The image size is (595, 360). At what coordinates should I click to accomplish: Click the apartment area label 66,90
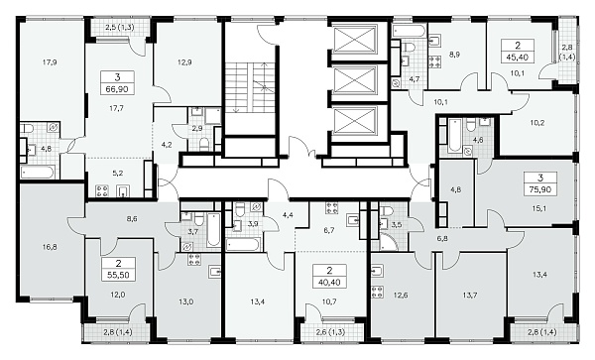[117, 89]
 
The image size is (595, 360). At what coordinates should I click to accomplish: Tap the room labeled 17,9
[50, 62]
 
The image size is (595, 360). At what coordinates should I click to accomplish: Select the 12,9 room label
[184, 62]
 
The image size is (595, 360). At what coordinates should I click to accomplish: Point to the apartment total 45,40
[518, 58]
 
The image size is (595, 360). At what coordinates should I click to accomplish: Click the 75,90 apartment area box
[540, 189]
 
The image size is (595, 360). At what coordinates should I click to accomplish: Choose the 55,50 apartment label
[118, 275]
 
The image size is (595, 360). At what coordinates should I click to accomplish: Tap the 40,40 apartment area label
[329, 283]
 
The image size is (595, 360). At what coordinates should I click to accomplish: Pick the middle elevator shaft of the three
[354, 80]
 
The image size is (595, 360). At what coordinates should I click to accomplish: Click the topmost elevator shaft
[354, 39]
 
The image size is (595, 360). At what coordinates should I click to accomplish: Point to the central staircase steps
[250, 87]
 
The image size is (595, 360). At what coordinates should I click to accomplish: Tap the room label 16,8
[50, 247]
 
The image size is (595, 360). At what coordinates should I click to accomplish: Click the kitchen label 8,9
[454, 55]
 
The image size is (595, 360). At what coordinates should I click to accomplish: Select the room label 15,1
[539, 208]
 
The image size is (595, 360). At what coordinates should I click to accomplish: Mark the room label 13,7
[469, 295]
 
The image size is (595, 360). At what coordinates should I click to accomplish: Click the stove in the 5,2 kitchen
[102, 190]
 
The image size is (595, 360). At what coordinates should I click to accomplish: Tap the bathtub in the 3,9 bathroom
[243, 244]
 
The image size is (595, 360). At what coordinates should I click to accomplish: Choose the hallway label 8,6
[132, 219]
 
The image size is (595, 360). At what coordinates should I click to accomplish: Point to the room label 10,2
[537, 123]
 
